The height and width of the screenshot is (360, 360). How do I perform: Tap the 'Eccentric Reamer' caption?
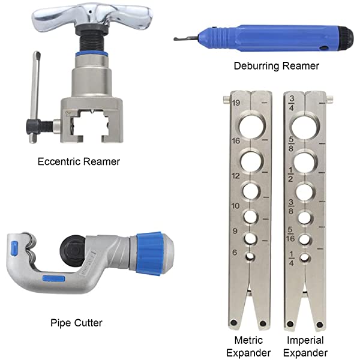pyautogui.click(x=79, y=161)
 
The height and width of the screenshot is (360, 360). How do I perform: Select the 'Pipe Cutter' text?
pyautogui.click(x=76, y=323)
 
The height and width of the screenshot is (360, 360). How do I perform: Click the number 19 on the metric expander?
pyautogui.click(x=236, y=103)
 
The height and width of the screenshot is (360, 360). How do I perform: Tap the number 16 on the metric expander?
pyautogui.click(x=236, y=140)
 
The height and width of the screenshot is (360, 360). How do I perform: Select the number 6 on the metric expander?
pyautogui.click(x=236, y=253)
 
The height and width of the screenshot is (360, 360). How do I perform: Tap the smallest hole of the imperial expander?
pyautogui.click(x=305, y=257)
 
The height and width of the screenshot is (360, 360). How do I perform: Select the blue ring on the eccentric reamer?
pyautogui.click(x=92, y=54)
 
